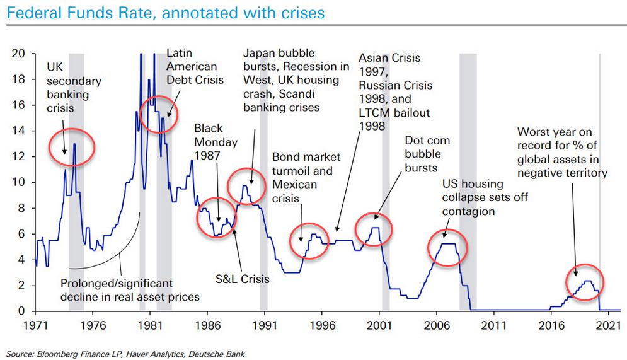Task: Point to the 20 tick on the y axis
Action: [18, 54]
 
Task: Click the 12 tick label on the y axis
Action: [18, 156]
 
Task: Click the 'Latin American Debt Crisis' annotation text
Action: [191, 67]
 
